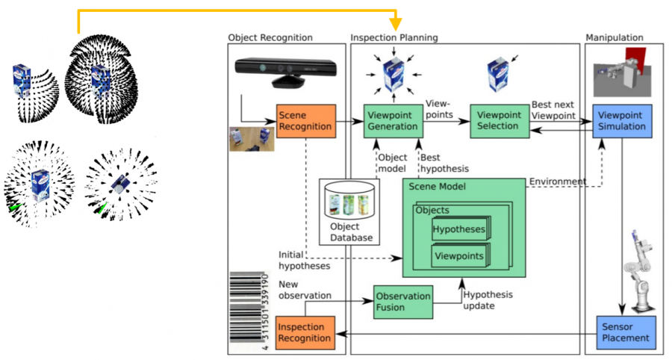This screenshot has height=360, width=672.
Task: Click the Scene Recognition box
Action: point(304,120)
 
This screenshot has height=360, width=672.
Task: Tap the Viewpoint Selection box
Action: point(498,120)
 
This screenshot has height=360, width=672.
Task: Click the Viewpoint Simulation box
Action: point(625,120)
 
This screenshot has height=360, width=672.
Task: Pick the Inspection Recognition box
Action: point(304,332)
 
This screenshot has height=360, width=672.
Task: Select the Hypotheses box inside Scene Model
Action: point(458,229)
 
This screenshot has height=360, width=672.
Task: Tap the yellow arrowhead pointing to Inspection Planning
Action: point(396,25)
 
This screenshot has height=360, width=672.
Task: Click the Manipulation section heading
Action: point(615,37)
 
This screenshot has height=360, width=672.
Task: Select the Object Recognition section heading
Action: point(270,37)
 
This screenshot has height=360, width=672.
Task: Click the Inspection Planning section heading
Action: point(394,37)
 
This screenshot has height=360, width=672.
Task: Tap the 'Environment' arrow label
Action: point(557,181)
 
